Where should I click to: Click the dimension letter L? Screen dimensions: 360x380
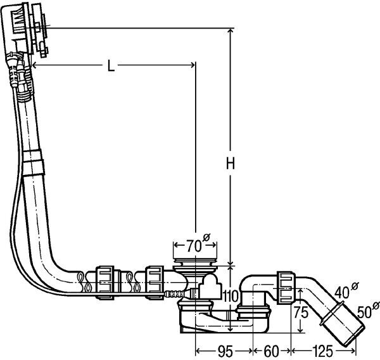click(x=110, y=66)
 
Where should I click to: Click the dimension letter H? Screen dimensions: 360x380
click(x=231, y=164)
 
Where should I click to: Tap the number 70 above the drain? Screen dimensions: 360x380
click(x=194, y=244)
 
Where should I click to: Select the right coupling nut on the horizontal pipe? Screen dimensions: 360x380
click(x=155, y=280)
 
